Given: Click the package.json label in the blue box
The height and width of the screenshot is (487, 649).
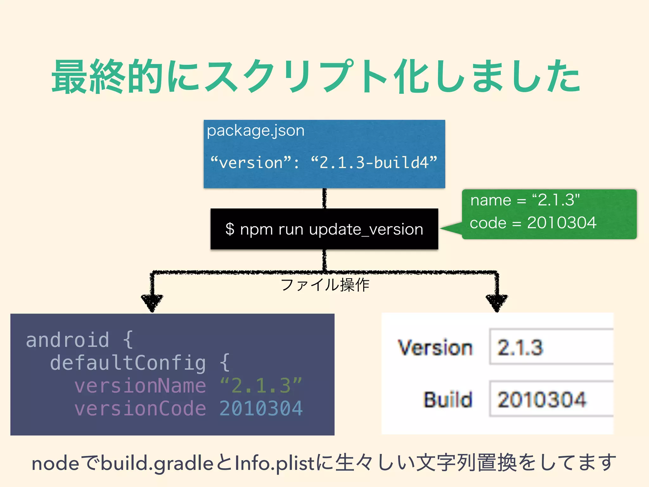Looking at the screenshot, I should (255, 131).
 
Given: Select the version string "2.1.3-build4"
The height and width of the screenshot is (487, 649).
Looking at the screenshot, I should (374, 163).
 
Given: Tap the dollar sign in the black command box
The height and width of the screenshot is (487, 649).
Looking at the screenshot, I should (230, 229).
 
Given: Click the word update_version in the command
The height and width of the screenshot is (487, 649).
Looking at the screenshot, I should (366, 229).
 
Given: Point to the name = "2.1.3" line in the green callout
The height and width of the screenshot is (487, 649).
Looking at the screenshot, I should (525, 200).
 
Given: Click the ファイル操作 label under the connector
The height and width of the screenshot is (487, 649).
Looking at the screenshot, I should (325, 285).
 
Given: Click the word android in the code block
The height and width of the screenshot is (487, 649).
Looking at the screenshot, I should (67, 340).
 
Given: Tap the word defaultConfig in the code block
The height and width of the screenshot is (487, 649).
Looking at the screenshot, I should (128, 363).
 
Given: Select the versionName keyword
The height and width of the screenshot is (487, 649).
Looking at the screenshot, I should (140, 386).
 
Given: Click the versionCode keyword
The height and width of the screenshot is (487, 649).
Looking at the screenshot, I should (140, 408).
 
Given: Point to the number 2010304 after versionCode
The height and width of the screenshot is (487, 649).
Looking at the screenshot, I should (261, 408).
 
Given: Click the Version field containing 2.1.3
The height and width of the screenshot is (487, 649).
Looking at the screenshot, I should (551, 347).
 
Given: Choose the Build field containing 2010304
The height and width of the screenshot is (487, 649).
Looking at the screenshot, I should (551, 399).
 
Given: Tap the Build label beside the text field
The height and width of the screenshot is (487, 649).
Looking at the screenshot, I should (448, 399).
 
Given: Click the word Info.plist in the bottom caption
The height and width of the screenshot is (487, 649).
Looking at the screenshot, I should (275, 464).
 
